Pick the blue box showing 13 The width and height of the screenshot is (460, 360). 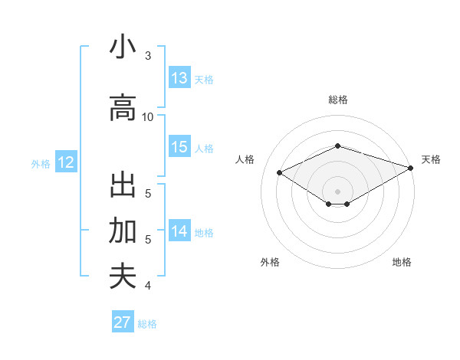[x=179, y=78]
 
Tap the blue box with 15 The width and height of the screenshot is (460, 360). [x=179, y=147]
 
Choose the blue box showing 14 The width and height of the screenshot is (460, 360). [x=179, y=231]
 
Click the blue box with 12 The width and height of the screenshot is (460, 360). [x=65, y=162]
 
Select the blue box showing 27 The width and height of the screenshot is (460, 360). [x=122, y=322]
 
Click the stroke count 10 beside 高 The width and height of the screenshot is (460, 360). [x=148, y=116]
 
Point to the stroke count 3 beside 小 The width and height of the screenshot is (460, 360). [x=148, y=56]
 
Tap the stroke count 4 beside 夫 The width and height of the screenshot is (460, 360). [x=148, y=286]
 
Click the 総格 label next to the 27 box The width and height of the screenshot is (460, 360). [x=147, y=324]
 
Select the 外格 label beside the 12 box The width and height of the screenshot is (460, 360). [x=40, y=164]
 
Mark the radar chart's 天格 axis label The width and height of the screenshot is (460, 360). [x=431, y=159]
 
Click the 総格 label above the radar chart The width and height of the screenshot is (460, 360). [x=338, y=100]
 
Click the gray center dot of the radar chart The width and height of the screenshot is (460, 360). [x=337, y=190]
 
